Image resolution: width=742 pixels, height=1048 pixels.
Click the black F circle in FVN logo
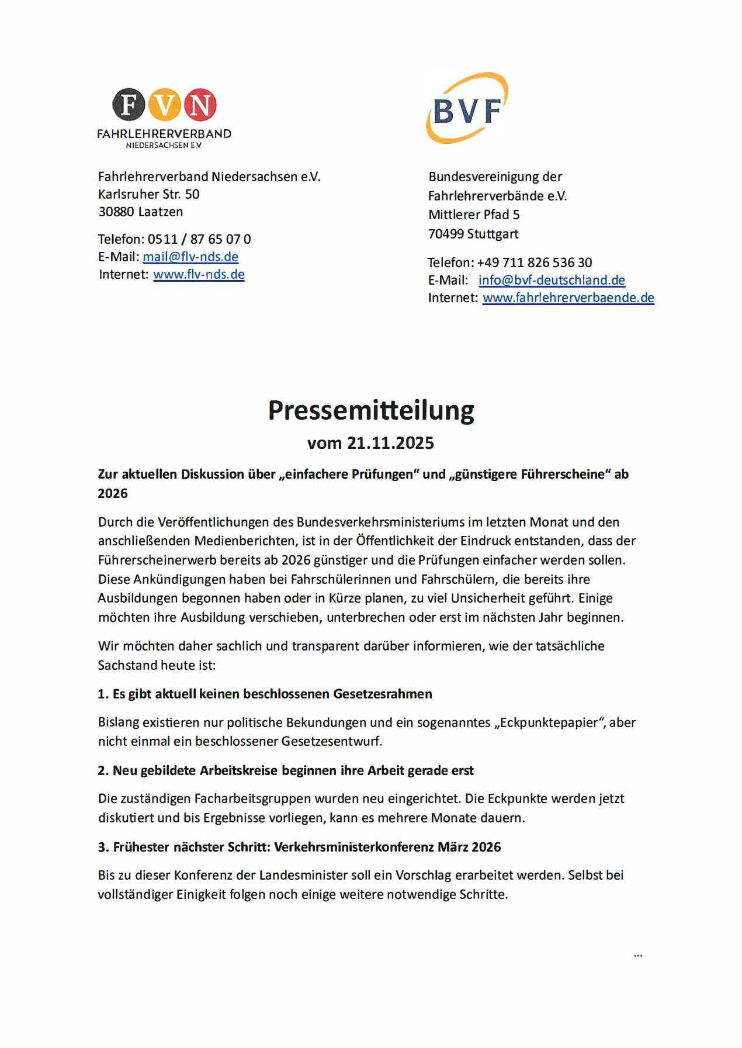pyautogui.click(x=129, y=105)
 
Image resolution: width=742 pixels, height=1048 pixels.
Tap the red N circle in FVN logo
pyautogui.click(x=200, y=105)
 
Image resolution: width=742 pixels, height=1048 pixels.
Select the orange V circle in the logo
pyautogui.click(x=164, y=105)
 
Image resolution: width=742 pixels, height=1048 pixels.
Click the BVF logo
pyautogui.click(x=467, y=108)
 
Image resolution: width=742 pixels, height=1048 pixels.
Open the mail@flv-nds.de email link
pyautogui.click(x=190, y=257)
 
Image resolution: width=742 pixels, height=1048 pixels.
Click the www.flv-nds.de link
pyautogui.click(x=199, y=274)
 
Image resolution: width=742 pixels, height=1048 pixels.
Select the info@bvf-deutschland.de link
pyautogui.click(x=552, y=280)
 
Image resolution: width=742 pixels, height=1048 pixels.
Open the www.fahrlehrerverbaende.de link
pyautogui.click(x=568, y=298)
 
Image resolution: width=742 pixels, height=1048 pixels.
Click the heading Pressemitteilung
pyautogui.click(x=371, y=410)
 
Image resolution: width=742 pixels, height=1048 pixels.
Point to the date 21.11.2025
pyautogui.click(x=390, y=443)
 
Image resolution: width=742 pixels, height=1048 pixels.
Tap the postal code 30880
pyautogui.click(x=116, y=212)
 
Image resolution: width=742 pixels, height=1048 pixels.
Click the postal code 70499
pyautogui.click(x=446, y=234)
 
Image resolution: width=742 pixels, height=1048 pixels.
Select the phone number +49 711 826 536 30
pyautogui.click(x=535, y=262)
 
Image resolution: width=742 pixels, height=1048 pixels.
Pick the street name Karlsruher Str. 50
pyautogui.click(x=149, y=194)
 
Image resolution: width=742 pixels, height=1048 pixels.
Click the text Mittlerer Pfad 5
pyautogui.click(x=474, y=215)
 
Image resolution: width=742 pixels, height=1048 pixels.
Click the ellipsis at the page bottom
pyautogui.click(x=638, y=956)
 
